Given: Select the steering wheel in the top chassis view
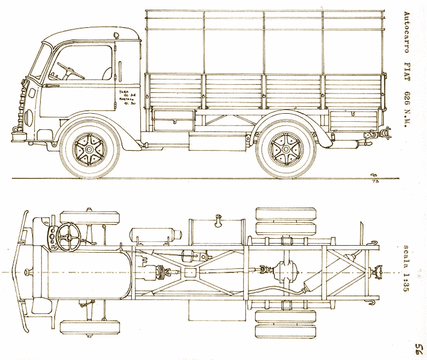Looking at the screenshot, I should [68, 236].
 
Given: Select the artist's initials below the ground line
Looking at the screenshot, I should [373, 178].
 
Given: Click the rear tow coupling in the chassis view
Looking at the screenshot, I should [379, 273].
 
